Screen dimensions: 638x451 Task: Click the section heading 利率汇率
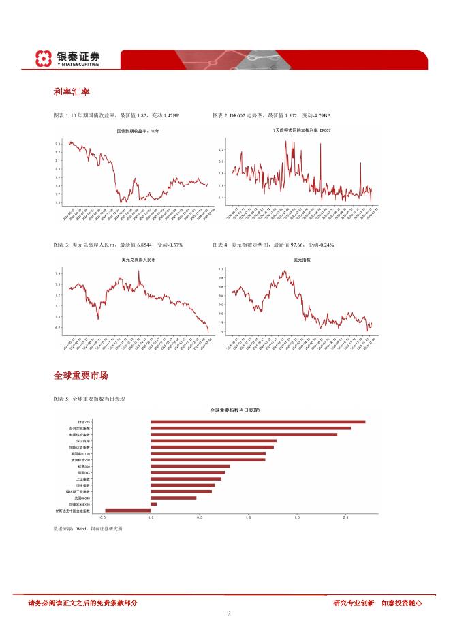[x=72, y=91]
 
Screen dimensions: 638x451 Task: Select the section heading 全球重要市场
[x=80, y=376]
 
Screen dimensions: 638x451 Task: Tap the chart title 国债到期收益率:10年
[x=132, y=130]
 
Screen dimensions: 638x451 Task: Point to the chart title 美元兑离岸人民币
[x=132, y=260]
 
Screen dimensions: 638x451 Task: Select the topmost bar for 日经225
[x=258, y=422]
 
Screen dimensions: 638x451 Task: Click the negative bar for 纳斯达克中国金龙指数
[x=128, y=510]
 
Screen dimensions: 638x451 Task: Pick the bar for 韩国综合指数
[x=243, y=434]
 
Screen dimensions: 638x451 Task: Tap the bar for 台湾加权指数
[x=250, y=428]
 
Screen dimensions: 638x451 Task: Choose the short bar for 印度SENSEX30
[x=153, y=504]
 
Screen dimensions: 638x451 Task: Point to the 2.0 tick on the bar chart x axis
[x=346, y=518]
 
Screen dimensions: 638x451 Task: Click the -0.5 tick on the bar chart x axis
[x=102, y=518]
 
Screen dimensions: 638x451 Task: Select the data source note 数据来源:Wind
[x=87, y=528]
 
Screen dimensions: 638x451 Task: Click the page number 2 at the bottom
[x=229, y=613]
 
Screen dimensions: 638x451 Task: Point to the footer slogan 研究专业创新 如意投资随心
[x=377, y=603]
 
